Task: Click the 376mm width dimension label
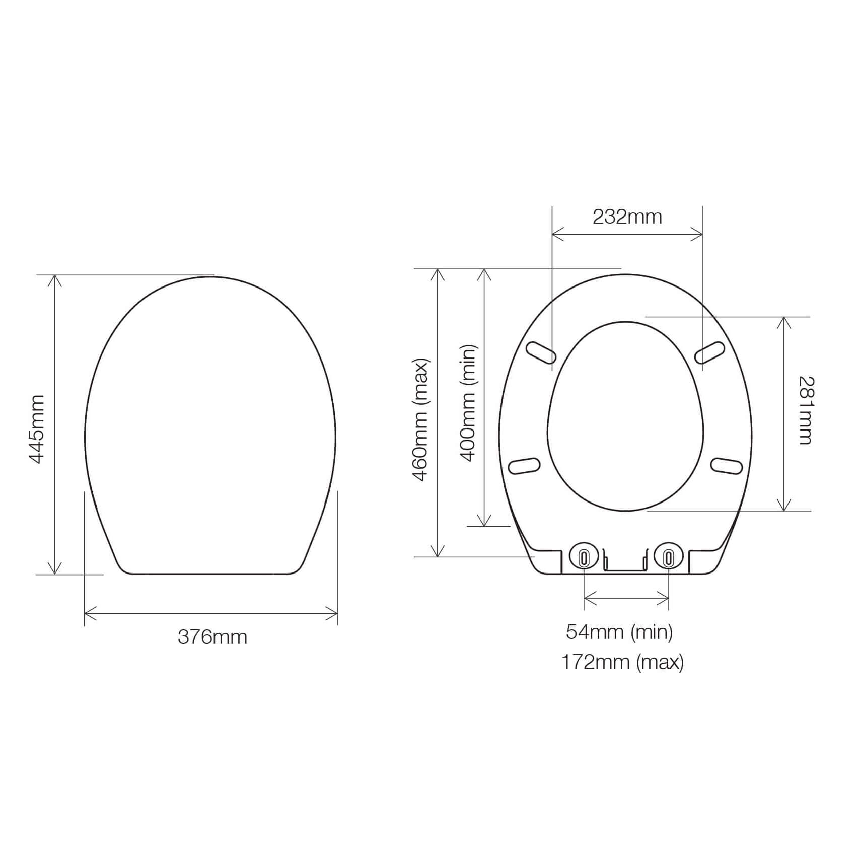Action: tap(212, 637)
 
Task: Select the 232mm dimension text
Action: tap(627, 217)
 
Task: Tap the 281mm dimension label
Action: tap(806, 410)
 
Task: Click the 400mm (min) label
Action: tap(468, 403)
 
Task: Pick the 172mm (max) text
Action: tap(622, 662)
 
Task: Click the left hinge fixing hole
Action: tap(584, 557)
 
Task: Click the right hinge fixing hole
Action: tap(668, 557)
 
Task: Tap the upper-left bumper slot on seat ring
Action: tap(541, 352)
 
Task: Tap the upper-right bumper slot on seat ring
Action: tap(710, 352)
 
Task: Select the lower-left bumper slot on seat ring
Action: tap(525, 466)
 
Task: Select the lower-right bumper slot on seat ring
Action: tap(727, 466)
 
